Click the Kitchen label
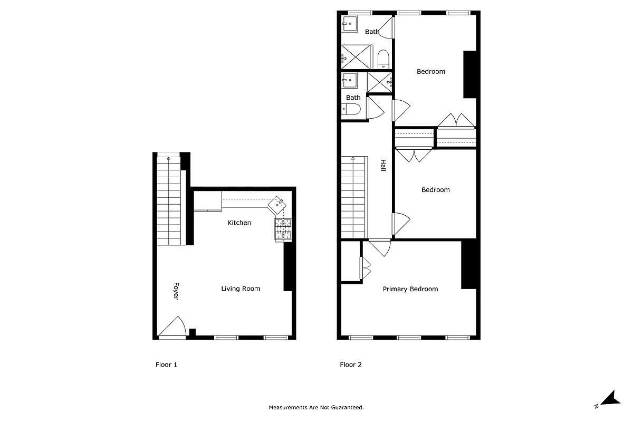click(239, 223)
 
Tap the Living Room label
click(241, 289)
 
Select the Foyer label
click(176, 291)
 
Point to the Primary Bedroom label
click(410, 289)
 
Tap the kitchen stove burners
click(282, 230)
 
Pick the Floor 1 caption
click(166, 365)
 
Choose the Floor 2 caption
click(351, 365)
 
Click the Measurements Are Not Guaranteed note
click(316, 407)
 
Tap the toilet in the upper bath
click(383, 57)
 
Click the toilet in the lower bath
click(352, 110)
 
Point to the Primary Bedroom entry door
click(379, 247)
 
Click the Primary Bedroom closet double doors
click(366, 268)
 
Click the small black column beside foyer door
click(193, 332)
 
